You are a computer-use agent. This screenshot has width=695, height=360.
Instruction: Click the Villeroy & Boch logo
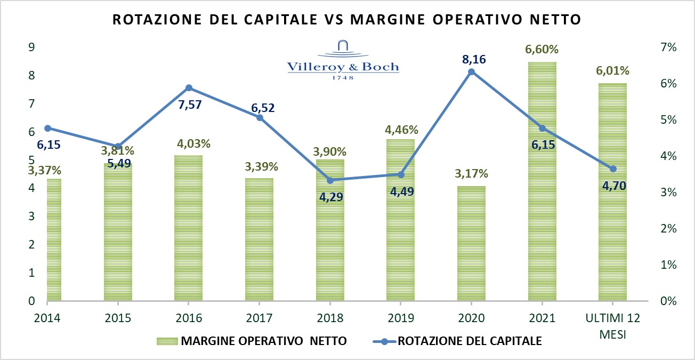point(343,59)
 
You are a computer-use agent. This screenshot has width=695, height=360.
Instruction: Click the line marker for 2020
point(471,71)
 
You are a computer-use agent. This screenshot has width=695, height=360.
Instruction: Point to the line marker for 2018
point(330,180)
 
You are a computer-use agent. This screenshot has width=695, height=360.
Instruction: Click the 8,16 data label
point(471,59)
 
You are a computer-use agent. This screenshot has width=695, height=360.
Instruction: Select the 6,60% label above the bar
point(543,50)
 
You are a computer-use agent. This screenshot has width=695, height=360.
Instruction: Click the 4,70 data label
point(613,186)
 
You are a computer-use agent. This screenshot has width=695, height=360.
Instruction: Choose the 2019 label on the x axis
point(401,318)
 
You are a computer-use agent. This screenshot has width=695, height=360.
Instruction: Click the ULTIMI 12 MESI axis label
point(613,324)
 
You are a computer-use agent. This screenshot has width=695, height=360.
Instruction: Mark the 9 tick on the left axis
point(31,47)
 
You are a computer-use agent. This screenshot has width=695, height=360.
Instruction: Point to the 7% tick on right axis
point(668,47)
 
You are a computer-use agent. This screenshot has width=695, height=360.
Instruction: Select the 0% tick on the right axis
point(668,301)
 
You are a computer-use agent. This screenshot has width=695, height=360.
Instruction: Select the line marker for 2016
point(189,88)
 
